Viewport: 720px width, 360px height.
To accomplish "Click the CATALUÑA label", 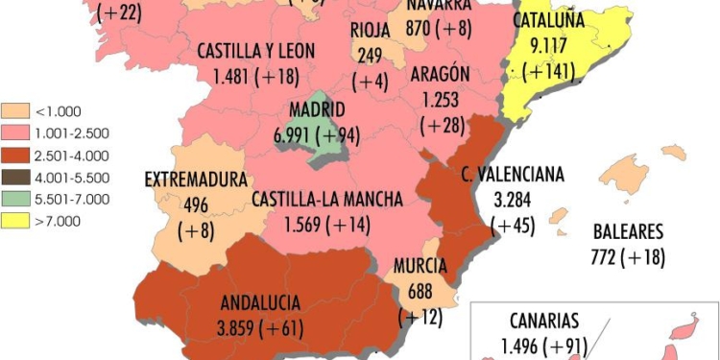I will (x=549, y=20).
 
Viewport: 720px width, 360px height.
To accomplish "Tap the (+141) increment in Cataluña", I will (x=550, y=67).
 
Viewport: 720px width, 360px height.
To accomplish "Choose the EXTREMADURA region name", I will (x=196, y=180).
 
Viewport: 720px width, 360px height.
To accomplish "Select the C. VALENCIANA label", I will (x=513, y=176).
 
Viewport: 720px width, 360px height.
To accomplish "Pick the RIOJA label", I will (x=370, y=29).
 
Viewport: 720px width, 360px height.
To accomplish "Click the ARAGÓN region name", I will (x=440, y=75).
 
